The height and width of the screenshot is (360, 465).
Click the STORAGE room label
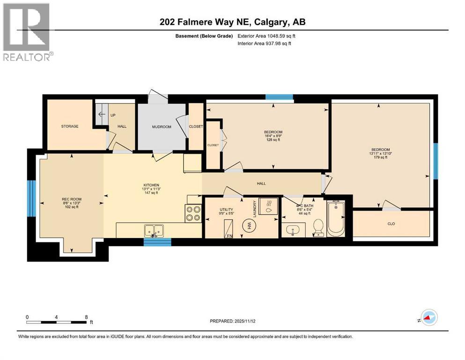pos(69,126)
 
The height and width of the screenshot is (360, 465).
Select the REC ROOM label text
pos(72,199)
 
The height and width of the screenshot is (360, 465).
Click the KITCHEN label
pos(151,185)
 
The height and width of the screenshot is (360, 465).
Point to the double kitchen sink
pos(154,230)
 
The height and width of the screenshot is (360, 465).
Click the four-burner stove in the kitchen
pos(193,213)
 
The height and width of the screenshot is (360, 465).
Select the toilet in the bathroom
pos(318,226)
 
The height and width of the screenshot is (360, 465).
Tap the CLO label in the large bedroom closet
pos(391,224)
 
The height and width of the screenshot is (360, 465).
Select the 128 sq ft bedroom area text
pos(273,139)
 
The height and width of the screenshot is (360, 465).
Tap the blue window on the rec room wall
pos(31,198)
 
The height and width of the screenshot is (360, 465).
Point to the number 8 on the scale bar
pos(87,317)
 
